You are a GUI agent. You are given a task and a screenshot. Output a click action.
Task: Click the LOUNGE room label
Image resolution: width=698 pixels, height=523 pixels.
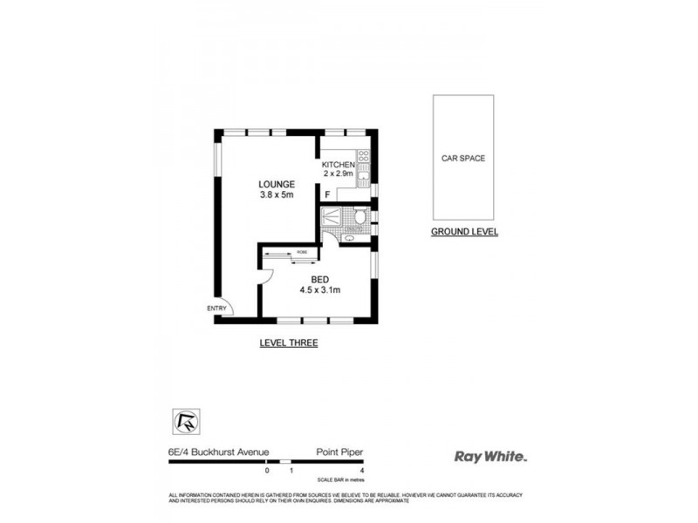click(276, 184)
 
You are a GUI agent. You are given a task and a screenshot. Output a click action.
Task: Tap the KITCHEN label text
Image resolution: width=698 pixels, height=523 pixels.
click(338, 164)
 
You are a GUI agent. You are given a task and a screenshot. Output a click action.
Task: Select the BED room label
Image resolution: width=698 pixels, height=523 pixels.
click(319, 279)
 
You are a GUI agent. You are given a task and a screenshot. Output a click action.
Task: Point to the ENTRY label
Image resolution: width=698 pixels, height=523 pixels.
click(216, 308)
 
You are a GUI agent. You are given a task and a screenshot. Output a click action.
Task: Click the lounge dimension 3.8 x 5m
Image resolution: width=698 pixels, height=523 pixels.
click(276, 194)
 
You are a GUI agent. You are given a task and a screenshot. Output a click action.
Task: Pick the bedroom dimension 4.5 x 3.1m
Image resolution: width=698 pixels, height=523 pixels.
click(319, 289)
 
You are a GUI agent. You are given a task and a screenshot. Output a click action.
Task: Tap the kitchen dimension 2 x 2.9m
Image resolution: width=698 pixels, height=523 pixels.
click(338, 174)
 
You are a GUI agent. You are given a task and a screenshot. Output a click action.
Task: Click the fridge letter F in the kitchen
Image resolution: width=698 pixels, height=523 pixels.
click(327, 194)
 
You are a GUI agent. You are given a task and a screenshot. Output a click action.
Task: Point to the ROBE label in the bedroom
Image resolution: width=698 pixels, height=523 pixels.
click(302, 251)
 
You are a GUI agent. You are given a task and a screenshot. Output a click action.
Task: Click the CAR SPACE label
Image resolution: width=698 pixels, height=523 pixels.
click(462, 159)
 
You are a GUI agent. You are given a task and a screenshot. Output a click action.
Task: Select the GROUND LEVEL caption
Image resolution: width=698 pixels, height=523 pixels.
click(464, 232)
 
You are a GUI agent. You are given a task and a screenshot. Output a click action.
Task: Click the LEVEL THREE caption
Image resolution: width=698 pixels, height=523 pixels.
click(288, 343)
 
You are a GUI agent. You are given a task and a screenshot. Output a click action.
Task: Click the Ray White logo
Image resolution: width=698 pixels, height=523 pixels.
click(491, 455)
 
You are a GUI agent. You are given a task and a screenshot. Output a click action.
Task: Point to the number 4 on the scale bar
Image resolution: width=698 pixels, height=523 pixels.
click(361, 471)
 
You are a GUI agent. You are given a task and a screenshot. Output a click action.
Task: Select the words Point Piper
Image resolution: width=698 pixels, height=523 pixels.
click(339, 452)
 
